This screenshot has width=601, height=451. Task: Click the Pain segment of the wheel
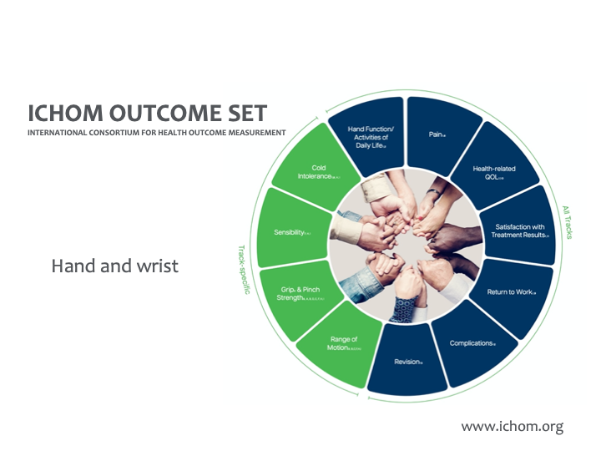pyautogui.click(x=439, y=134)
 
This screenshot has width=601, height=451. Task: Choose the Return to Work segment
pyautogui.click(x=511, y=292)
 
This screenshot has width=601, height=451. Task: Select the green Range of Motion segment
pyautogui.click(x=342, y=342)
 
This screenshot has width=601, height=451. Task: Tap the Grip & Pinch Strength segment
pyautogui.click(x=297, y=292)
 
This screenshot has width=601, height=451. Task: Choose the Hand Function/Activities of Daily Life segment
pyautogui.click(x=367, y=134)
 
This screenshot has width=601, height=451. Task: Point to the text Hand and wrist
pyautogui.click(x=115, y=266)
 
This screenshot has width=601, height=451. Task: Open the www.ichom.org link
pyautogui.click(x=512, y=426)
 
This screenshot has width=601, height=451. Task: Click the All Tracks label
pyautogui.click(x=568, y=222)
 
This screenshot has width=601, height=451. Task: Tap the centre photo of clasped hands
pyautogui.click(x=407, y=242)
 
